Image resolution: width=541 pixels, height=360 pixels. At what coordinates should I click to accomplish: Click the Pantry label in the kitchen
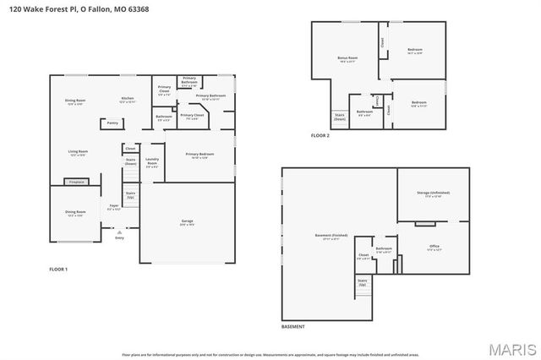pyautogui.click(x=112, y=123)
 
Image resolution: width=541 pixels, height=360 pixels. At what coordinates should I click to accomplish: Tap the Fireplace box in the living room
pyautogui.click(x=77, y=181)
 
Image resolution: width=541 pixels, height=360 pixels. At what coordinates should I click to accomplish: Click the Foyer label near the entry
pyautogui.click(x=114, y=205)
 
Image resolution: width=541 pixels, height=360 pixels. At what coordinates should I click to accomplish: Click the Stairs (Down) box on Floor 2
pyautogui.click(x=340, y=117)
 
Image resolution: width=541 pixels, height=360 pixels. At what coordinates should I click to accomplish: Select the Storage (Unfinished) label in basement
pyautogui.click(x=433, y=194)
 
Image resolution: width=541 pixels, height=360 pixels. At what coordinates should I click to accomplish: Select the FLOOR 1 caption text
pyautogui.click(x=58, y=269)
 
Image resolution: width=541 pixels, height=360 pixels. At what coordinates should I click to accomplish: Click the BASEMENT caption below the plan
pyautogui.click(x=292, y=326)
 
